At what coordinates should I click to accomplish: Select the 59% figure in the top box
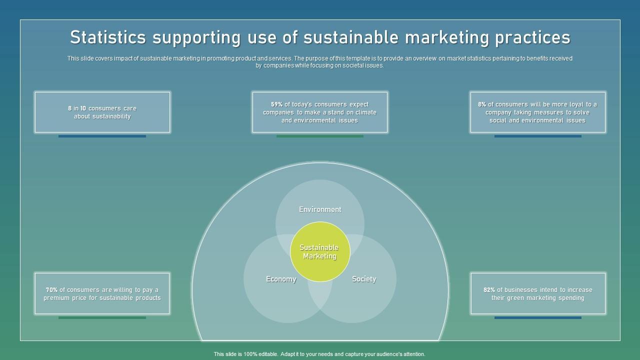[276, 104]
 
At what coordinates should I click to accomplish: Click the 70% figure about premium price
[51, 290]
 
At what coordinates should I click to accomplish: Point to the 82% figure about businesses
[489, 290]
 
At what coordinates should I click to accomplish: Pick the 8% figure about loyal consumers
[482, 104]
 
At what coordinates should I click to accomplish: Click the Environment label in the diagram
[320, 209]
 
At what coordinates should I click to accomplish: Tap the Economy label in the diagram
[281, 279]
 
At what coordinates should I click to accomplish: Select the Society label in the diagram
[363, 279]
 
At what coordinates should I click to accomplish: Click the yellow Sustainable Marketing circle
[320, 251]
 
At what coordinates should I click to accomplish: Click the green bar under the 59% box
[320, 136]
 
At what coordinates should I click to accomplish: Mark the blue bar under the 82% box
[537, 317]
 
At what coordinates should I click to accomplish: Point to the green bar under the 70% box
[102, 317]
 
